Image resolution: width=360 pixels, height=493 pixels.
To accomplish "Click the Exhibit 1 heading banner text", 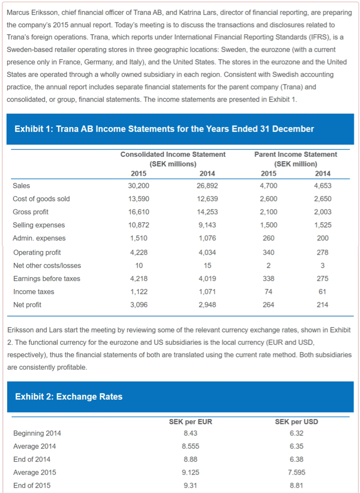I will (164, 129).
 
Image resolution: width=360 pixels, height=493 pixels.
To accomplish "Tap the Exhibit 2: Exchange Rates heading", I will (69, 397).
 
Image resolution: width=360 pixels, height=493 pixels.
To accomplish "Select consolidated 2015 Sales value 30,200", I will (139, 186).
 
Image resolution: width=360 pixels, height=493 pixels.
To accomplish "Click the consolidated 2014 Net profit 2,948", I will (207, 305).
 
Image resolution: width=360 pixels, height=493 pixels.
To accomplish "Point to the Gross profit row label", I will (30, 212).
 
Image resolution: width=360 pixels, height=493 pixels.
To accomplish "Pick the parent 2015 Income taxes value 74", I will (268, 292).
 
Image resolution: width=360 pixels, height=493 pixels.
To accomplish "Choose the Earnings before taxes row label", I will (47, 279).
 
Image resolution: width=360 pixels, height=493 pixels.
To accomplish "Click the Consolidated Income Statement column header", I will (173, 155).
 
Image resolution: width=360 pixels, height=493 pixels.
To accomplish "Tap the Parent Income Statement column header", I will (296, 155).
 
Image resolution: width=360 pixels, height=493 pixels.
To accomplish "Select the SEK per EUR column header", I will (191, 422).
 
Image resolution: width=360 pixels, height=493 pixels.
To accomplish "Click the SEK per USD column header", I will (296, 422).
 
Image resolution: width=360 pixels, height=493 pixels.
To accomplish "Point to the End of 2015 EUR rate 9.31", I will (191, 485).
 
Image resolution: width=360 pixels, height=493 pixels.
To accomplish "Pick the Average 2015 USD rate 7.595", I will (296, 472).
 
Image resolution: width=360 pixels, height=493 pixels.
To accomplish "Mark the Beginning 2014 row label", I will (38, 433).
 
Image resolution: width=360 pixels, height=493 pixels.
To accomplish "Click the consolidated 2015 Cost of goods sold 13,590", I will (139, 199).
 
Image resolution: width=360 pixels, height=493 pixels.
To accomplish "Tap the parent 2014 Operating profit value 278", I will (322, 252).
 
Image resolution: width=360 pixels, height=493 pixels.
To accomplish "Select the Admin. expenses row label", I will (39, 238).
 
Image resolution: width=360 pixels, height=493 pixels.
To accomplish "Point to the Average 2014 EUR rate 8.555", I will (191, 446).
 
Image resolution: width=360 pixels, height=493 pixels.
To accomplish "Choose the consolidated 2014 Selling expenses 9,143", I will (207, 225).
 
